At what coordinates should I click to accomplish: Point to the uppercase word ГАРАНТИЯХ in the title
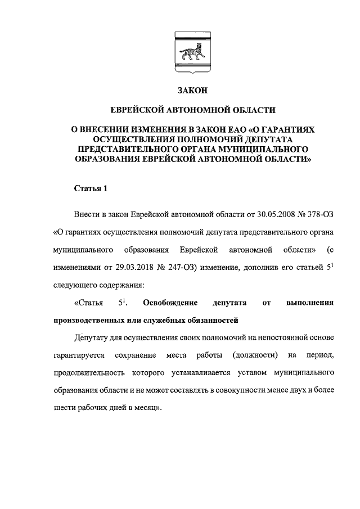[x=281, y=129]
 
